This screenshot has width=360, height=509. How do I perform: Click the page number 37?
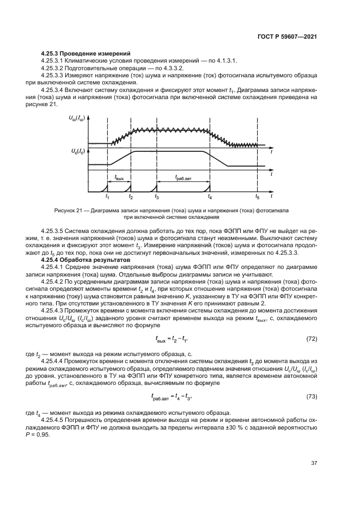[314, 463]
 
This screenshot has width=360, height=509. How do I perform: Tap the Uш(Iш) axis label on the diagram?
[77, 117]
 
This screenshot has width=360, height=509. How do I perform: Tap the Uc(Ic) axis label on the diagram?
[77, 150]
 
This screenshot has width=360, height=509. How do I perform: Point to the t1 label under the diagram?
[107, 197]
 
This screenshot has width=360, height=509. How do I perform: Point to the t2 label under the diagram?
[131, 197]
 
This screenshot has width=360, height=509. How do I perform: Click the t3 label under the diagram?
[157, 197]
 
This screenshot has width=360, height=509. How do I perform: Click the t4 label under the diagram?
[210, 197]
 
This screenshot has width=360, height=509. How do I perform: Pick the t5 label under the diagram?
[258, 197]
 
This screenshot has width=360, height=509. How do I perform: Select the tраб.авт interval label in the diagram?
[183, 177]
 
